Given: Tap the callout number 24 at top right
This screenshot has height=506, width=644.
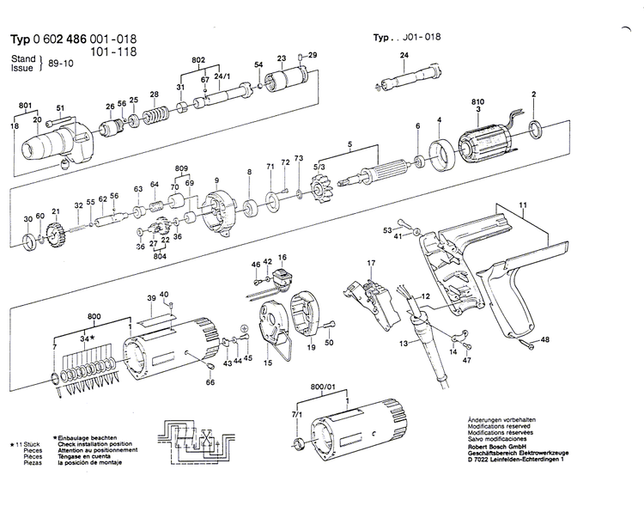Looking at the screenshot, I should (x=404, y=56).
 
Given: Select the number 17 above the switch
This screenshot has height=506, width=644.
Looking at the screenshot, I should (x=371, y=262).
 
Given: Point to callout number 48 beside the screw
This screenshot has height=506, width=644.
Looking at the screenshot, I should (x=544, y=340).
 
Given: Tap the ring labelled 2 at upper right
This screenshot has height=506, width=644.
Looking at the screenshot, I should (x=535, y=130).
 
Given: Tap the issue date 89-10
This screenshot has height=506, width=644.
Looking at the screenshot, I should (x=63, y=62).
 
